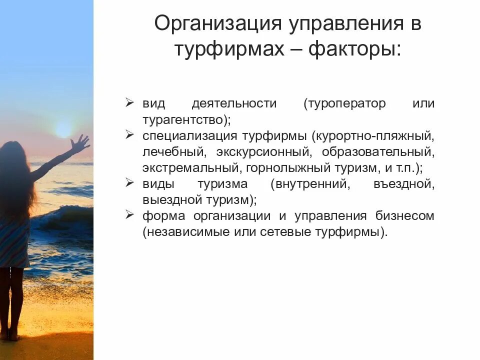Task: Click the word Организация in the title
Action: tap(217, 23)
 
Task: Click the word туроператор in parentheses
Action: tap(344, 104)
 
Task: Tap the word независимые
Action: tap(189, 232)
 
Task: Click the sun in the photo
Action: tap(63, 128)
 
